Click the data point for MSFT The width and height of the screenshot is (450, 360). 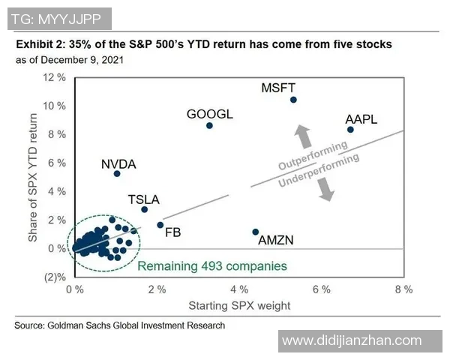[293, 100]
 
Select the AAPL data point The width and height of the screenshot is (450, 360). [350, 130]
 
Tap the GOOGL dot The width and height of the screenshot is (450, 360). [209, 125]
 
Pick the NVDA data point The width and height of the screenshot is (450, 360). [117, 173]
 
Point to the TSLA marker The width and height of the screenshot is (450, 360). [144, 209]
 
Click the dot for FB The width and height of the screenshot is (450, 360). [160, 224]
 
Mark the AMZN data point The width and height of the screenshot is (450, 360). [256, 232]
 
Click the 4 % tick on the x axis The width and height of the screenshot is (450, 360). [239, 289]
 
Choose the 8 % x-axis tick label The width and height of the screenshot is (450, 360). [403, 289]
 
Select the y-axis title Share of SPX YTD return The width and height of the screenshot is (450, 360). [34, 178]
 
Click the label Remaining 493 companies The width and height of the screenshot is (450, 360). [212, 265]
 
